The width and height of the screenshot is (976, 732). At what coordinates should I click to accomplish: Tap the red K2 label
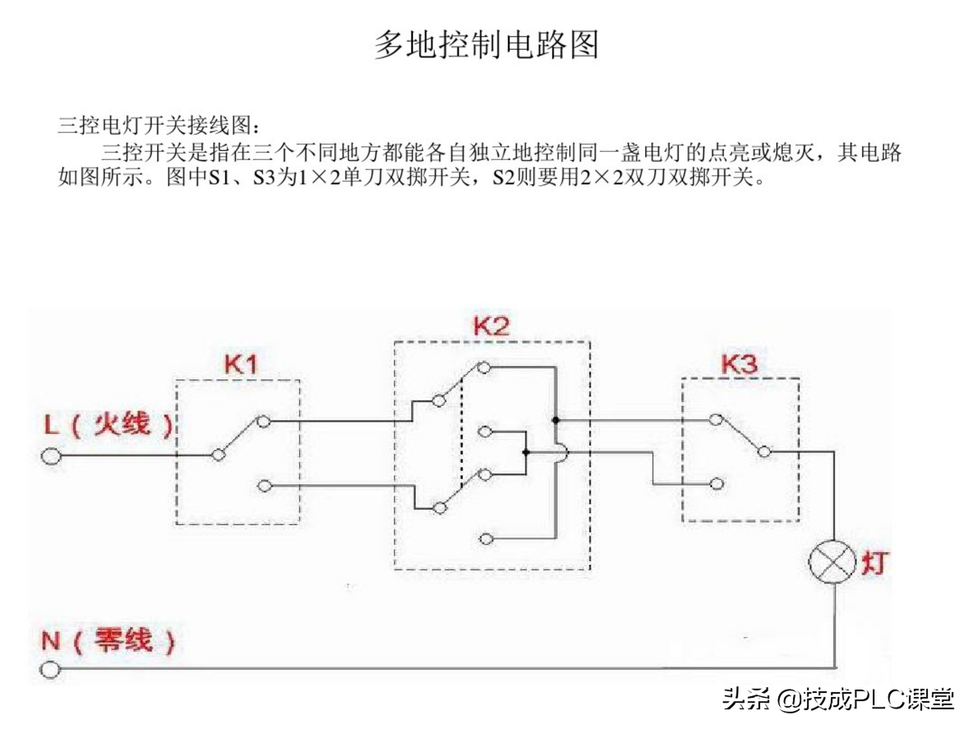tap(491, 326)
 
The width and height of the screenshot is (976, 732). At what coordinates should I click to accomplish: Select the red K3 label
tap(739, 364)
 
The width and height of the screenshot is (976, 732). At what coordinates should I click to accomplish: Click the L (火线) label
tap(108, 425)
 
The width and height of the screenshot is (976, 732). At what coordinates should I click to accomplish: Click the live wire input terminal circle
tap(51, 456)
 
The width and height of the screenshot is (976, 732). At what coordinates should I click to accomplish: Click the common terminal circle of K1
tap(218, 455)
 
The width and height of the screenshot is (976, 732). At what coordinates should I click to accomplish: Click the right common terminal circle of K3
tap(764, 452)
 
